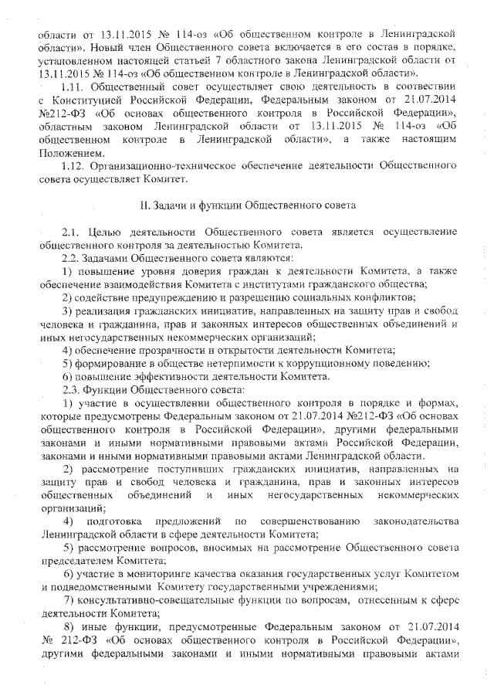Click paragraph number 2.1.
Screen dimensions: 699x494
tap(72, 232)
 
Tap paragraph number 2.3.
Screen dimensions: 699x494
tap(72, 389)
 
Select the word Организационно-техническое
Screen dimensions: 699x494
tap(159, 165)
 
